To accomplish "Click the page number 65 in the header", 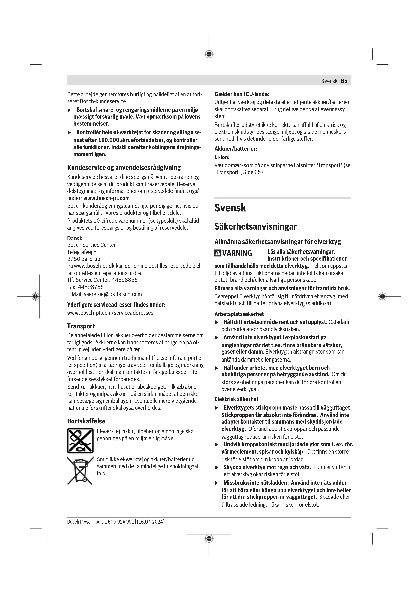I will click(x=344, y=81).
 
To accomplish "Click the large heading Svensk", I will click(x=230, y=208).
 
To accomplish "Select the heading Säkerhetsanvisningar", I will click(x=255, y=226).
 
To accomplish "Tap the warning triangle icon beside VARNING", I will click(x=218, y=253).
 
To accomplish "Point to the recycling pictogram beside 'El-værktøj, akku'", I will click(x=80, y=440).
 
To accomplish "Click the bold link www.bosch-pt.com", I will click(x=106, y=198).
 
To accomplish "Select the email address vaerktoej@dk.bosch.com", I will click(x=113, y=294).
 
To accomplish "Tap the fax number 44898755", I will click(x=90, y=287).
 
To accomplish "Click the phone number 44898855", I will click(x=125, y=280).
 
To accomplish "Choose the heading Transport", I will click(x=81, y=326).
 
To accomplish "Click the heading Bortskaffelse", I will click(x=86, y=421).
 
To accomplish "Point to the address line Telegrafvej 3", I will click(x=82, y=252).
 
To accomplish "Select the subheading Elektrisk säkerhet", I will click(x=236, y=399).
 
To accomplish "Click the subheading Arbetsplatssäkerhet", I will click(x=239, y=314).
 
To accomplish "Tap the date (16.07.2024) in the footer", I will click(x=151, y=522).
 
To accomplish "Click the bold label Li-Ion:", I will click(x=222, y=157).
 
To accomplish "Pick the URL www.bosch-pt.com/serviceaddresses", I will click(x=110, y=313).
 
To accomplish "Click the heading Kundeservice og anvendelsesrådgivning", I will click(x=124, y=168).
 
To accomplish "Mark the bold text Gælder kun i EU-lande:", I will click(x=242, y=94).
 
